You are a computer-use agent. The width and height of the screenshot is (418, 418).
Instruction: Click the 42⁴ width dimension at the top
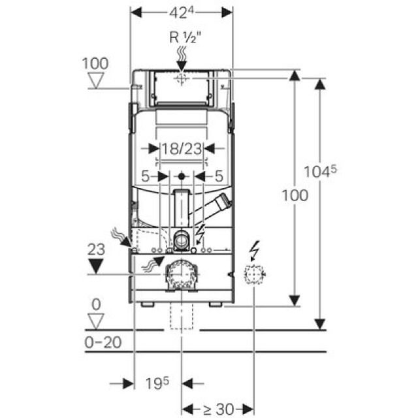point(182,12)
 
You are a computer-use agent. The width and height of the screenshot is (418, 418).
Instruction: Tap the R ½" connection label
point(183,37)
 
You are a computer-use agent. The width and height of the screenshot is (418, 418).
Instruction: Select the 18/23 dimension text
point(182,149)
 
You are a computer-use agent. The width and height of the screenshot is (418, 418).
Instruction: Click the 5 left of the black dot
point(146,176)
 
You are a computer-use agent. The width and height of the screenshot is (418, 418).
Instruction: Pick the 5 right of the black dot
point(218,176)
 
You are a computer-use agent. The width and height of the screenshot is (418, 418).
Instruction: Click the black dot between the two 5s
point(182,176)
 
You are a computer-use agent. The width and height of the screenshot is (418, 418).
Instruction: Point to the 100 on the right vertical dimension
point(295,195)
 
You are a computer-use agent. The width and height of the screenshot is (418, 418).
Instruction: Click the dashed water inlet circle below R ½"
point(182,78)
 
